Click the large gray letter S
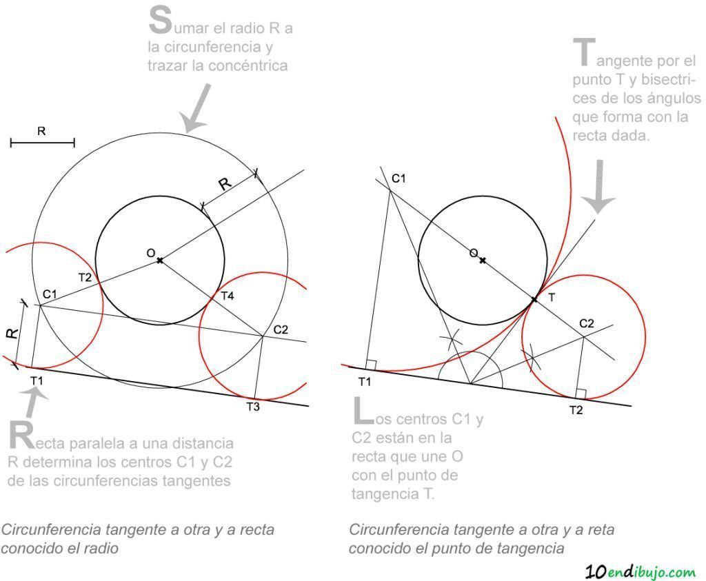pos(160,21)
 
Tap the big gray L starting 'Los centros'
pos(363,411)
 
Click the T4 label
pos(228,296)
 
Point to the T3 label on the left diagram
pos(253,407)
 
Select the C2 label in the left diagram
pos(281,329)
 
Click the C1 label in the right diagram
pos(399,179)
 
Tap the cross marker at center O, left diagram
pos(160,260)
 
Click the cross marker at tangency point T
pos(534,299)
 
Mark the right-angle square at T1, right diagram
pos(371,365)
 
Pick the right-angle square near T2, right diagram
pos(581,394)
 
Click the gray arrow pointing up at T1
pos(32,401)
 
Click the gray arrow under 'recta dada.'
pos(598,186)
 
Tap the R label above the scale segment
pos(41,131)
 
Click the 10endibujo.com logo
pos(641,572)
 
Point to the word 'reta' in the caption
pos(600,530)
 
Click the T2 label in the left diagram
pos(85,277)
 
